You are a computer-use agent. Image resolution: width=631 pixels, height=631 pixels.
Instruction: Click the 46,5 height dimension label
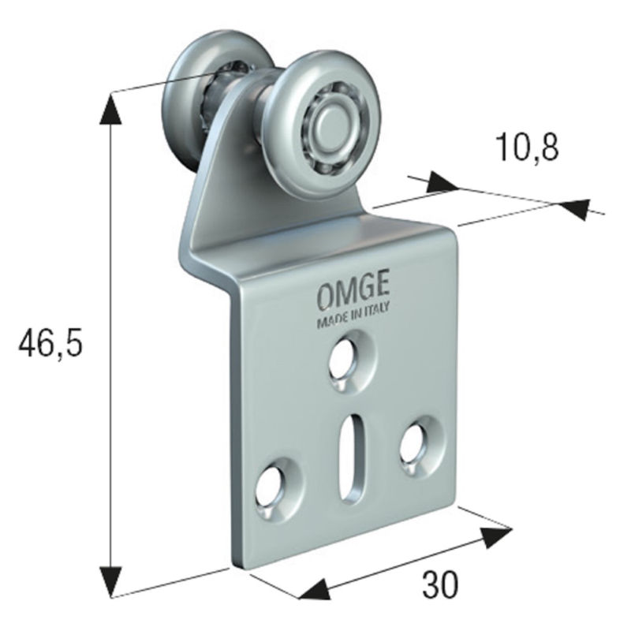[x=50, y=343]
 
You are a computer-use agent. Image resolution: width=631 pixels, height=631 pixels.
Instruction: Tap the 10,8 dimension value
[x=528, y=147]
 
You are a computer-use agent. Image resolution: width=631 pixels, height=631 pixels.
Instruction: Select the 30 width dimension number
[x=440, y=584]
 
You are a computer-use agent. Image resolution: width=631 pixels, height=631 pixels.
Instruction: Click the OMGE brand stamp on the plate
[x=353, y=293]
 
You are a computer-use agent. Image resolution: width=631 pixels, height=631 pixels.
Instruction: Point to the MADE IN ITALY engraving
[x=353, y=315]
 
